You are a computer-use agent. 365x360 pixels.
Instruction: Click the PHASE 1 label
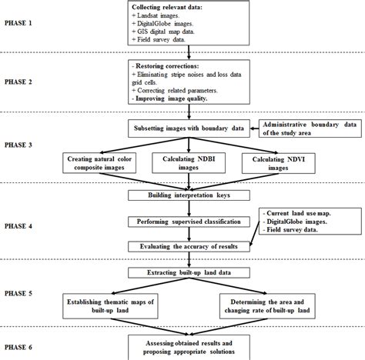click(26, 24)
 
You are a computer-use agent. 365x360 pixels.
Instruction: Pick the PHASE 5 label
click(26, 292)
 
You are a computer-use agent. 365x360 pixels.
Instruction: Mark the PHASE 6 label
click(26, 345)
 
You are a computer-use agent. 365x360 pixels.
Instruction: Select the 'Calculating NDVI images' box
click(270, 162)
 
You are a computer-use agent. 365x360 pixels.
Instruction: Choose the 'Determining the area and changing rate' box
click(266, 305)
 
